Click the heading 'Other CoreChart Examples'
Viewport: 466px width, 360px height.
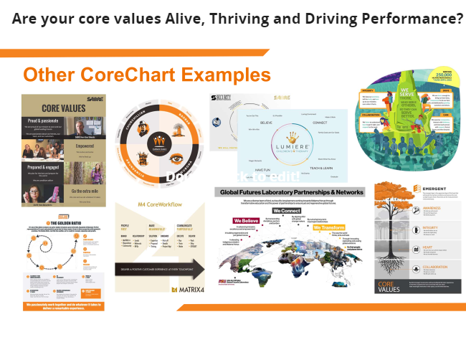point(146,75)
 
